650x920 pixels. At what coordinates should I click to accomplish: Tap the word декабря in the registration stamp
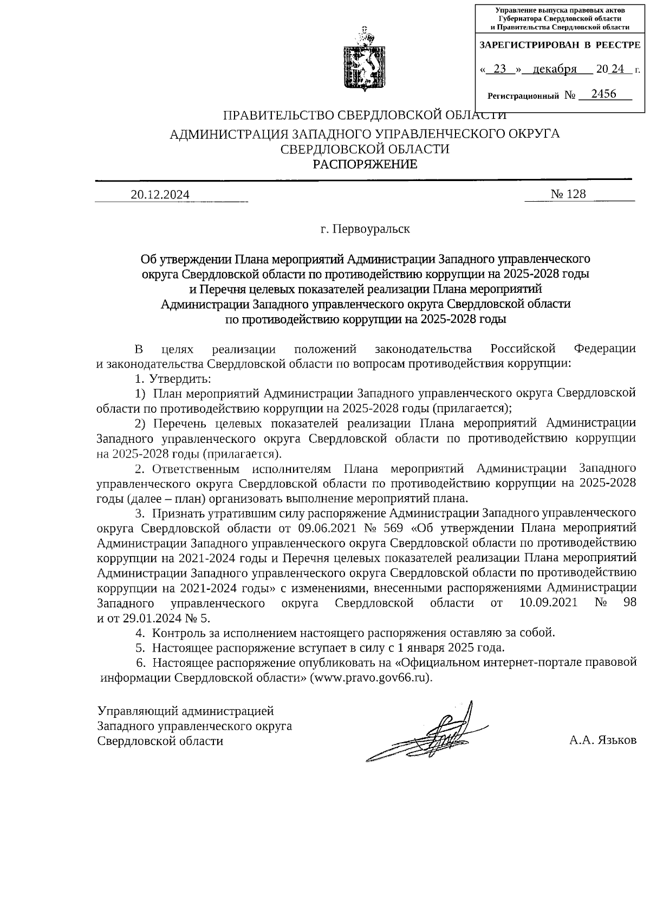(554, 69)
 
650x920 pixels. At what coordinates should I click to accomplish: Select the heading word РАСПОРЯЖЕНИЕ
(366, 164)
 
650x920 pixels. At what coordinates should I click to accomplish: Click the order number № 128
(568, 194)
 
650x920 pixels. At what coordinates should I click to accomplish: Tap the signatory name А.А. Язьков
(602, 741)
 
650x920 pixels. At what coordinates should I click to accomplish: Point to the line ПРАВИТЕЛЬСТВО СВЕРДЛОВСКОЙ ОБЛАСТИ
(366, 115)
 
